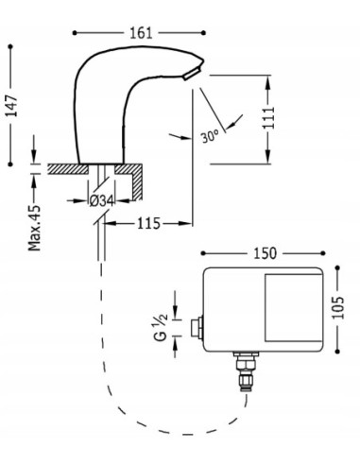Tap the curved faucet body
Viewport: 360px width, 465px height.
coord(104,104)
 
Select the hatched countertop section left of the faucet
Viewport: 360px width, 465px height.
coord(62,170)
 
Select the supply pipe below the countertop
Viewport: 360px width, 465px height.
coord(99,250)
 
